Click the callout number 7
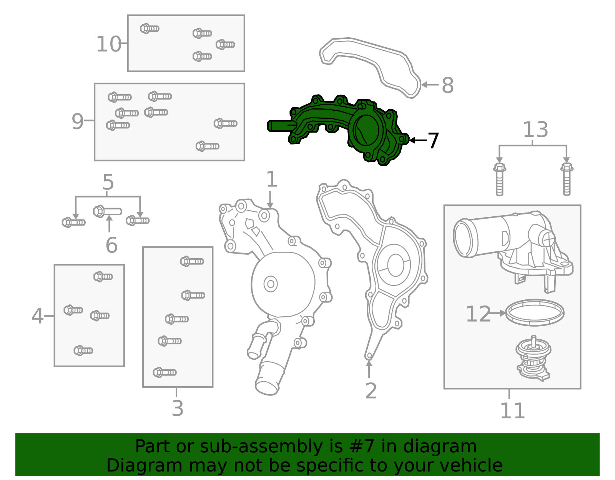pyautogui.click(x=433, y=141)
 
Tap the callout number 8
pyautogui.click(x=448, y=85)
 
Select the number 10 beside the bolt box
pyautogui.click(x=109, y=44)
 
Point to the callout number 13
pyautogui.click(x=535, y=130)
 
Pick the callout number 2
pyautogui.click(x=371, y=390)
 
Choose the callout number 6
pyautogui.click(x=111, y=245)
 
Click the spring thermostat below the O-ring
pyautogui.click(x=533, y=359)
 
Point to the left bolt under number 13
pyautogui.click(x=500, y=179)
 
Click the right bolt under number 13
pyautogui.click(x=567, y=179)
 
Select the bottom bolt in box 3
pyautogui.click(x=165, y=372)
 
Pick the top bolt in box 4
pyautogui.click(x=103, y=276)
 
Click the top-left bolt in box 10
pyautogui.click(x=150, y=28)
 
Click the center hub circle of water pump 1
pyautogui.click(x=271, y=284)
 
